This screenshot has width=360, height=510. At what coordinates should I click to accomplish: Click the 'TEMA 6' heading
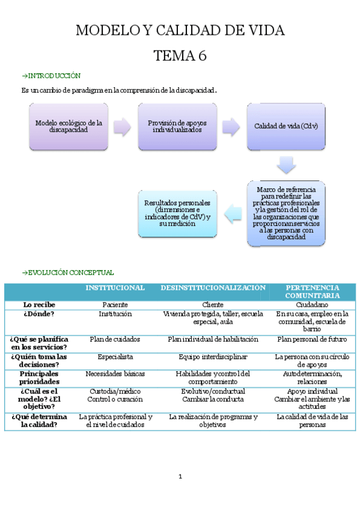coord(180,56)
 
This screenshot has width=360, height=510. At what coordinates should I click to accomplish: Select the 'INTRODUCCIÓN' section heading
coord(51,76)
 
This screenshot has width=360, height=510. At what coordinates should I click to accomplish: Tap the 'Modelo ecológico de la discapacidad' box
coord(69,126)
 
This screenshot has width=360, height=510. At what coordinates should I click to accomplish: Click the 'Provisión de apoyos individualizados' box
coord(177,126)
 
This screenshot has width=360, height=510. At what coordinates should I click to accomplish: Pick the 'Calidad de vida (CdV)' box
coord(285,126)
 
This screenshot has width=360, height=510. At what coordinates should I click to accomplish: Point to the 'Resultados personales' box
coord(177,214)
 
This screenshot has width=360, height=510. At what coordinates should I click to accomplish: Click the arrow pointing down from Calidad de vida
coord(285,165)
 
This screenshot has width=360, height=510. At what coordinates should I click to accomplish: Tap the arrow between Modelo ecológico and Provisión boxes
coord(122,126)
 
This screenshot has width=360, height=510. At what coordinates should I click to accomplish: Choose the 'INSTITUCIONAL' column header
coord(115,288)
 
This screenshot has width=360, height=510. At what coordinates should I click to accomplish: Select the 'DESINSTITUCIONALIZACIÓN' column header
coord(213,288)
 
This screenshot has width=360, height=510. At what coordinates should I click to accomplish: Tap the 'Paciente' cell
coord(115,305)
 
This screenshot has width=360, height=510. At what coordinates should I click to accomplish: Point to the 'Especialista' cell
coord(115,357)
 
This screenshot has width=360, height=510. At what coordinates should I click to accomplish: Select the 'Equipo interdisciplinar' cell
coord(213,357)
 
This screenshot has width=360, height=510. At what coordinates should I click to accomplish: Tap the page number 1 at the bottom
coord(180,477)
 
